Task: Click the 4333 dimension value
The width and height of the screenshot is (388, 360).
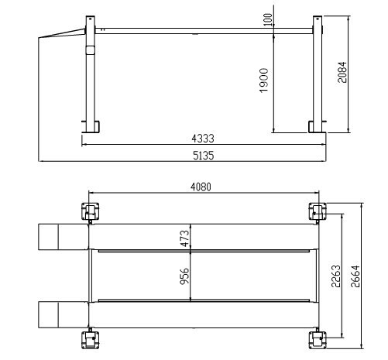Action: [x=202, y=139]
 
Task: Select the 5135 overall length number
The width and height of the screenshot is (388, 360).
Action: [x=202, y=155]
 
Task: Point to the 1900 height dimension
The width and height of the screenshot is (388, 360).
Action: [x=264, y=81]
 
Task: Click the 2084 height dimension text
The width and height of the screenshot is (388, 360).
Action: [x=342, y=72]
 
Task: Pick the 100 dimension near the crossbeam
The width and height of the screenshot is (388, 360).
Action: [x=269, y=19]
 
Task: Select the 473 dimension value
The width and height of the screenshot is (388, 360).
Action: [x=184, y=238]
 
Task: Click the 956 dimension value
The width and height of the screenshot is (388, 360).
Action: [x=184, y=276]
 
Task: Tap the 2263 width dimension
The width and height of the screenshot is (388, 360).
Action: [x=335, y=276]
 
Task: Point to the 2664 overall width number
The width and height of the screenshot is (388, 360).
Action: [x=355, y=276]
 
